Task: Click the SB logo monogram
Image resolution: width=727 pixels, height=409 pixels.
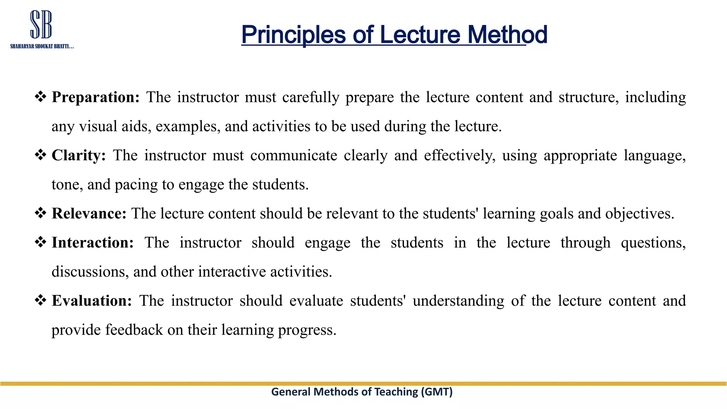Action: click(x=41, y=24)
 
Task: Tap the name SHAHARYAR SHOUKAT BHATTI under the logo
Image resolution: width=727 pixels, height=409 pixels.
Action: click(x=42, y=47)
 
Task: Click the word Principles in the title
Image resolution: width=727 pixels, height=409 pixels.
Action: click(x=293, y=35)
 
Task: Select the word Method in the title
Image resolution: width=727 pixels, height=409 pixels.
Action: click(x=507, y=35)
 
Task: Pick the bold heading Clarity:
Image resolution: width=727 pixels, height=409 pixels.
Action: click(x=79, y=156)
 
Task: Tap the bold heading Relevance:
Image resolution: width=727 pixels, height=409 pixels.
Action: click(x=89, y=214)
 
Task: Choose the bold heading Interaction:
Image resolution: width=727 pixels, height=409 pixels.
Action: click(x=93, y=243)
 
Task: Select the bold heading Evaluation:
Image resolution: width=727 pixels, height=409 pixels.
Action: click(x=92, y=301)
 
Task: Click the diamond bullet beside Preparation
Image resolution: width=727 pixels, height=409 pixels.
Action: click(x=40, y=97)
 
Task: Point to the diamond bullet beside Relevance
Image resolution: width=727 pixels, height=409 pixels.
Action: click(x=40, y=213)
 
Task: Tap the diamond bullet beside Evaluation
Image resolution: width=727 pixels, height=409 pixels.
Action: click(x=40, y=300)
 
